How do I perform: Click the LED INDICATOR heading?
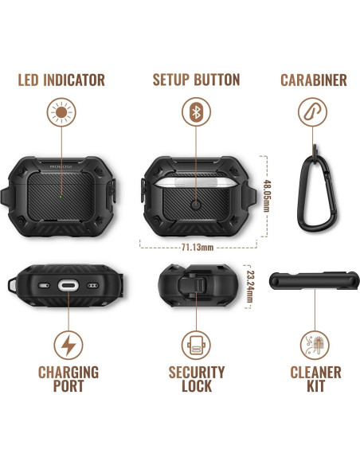[62, 80]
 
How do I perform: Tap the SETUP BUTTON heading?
[196, 80]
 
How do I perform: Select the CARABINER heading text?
[314, 80]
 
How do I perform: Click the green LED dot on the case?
[61, 191]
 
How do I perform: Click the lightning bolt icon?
[68, 346]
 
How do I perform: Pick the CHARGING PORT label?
[68, 379]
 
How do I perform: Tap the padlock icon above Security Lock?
[196, 346]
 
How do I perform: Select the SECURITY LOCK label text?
[196, 379]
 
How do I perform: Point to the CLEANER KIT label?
[316, 379]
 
